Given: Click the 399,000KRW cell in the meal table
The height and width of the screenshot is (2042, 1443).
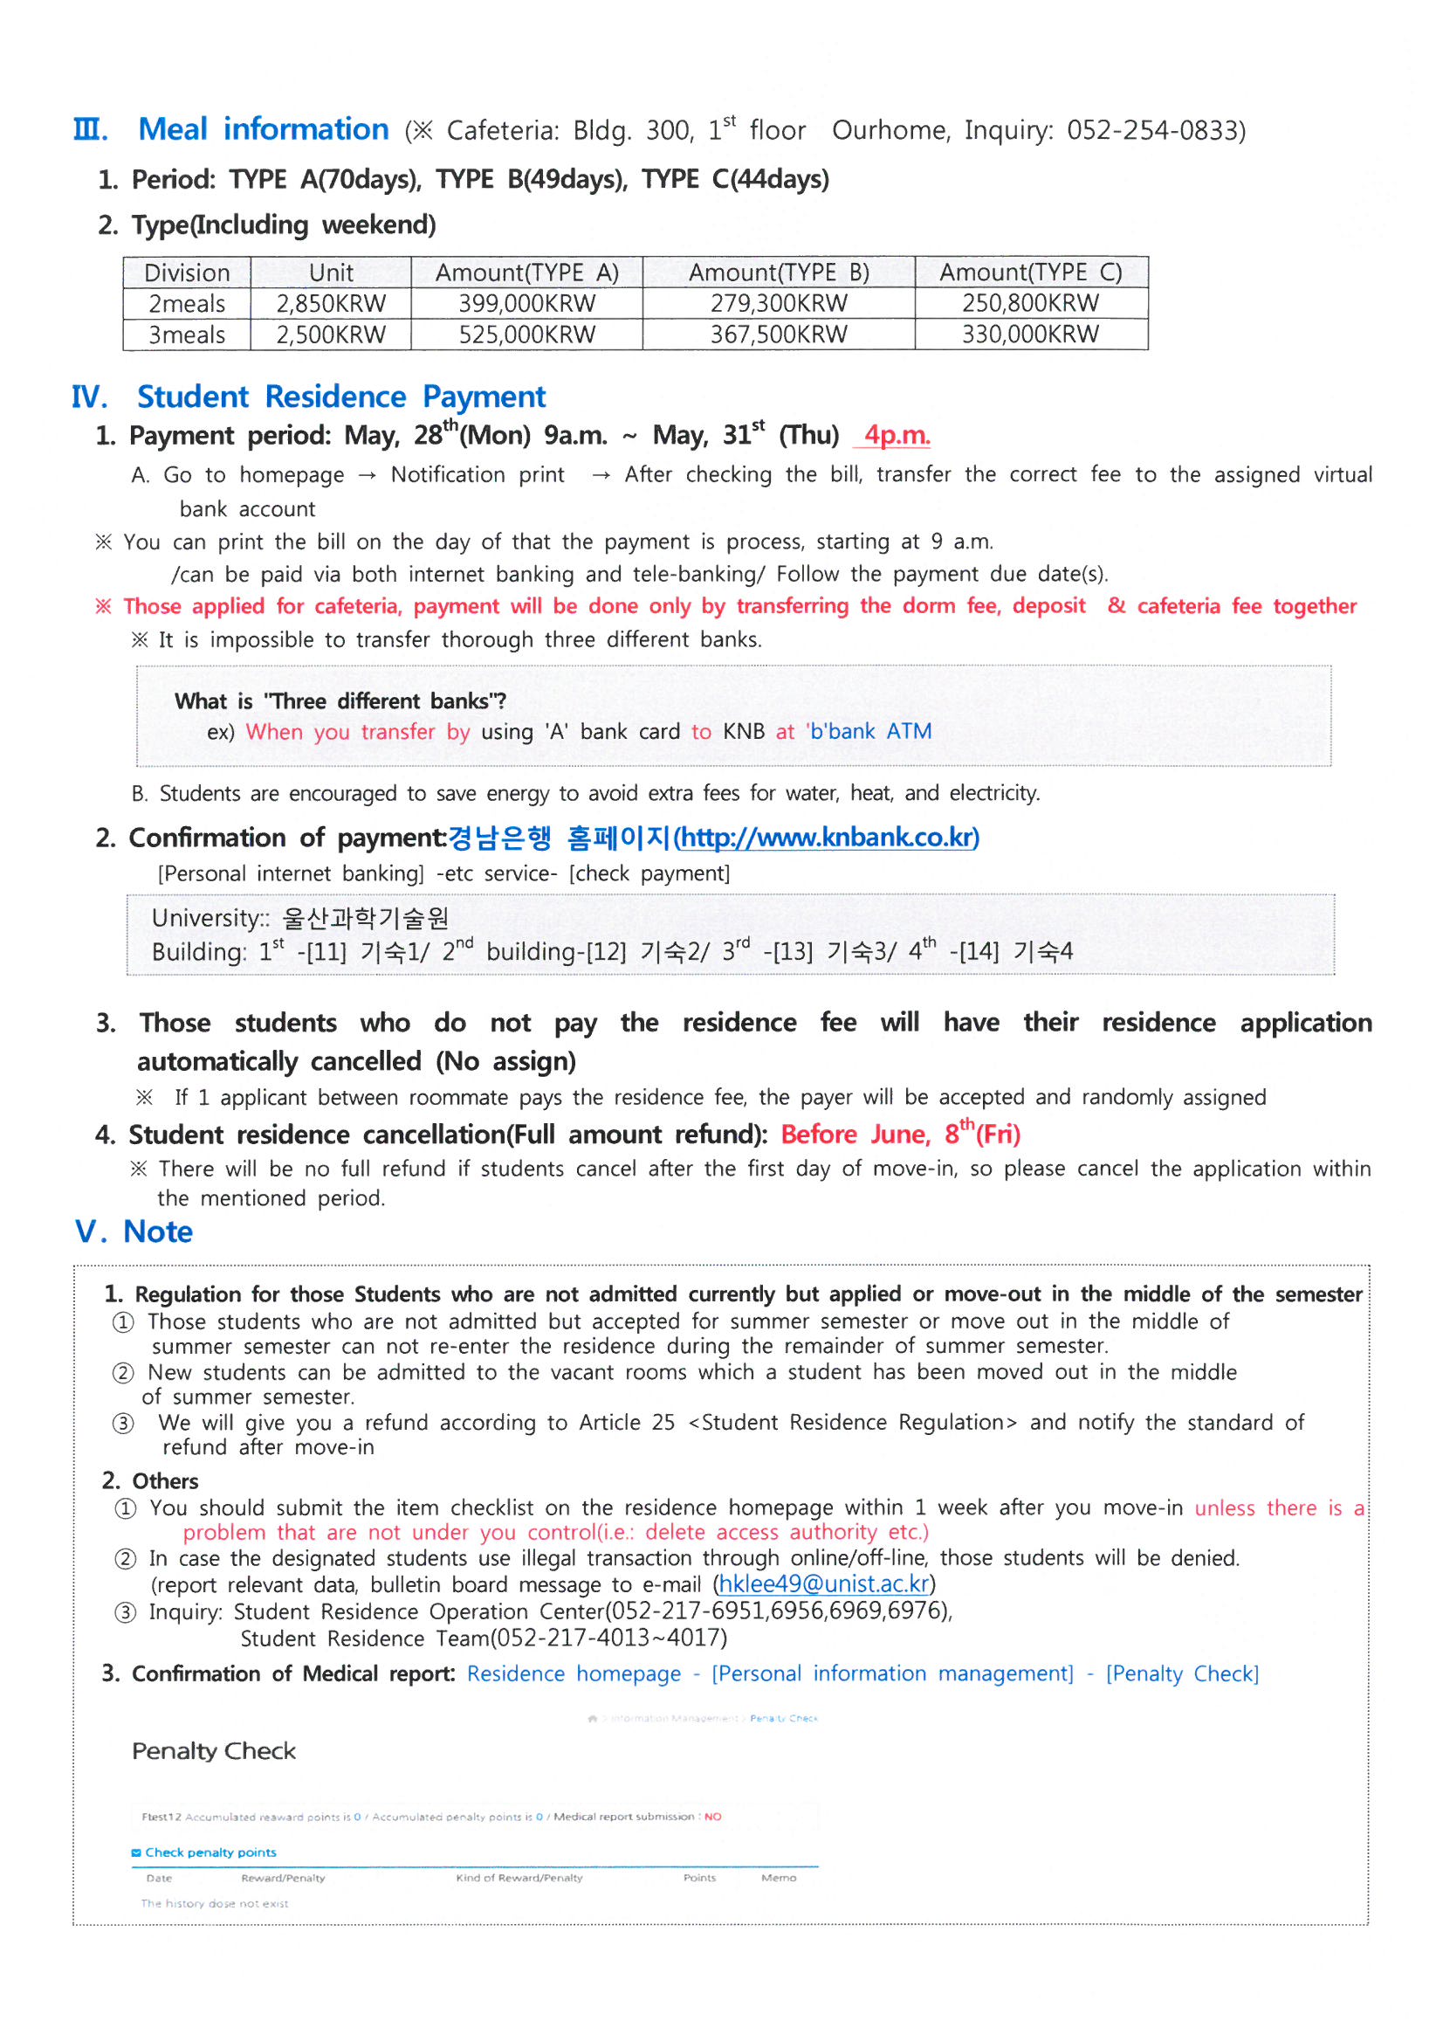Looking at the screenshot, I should coord(526,303).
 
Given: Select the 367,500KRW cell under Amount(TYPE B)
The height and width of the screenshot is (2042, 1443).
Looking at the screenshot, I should coord(778,335).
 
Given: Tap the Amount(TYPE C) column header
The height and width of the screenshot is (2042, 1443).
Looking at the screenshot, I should coord(1030,272).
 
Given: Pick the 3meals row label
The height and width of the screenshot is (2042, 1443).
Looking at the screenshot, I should coord(187,335).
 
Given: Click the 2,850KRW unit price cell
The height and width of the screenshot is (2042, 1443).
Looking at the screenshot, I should coord(331,303).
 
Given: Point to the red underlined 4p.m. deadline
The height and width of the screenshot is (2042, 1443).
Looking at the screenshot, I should coord(897,435).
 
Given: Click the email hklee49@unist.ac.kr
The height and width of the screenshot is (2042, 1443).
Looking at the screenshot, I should coord(823,1583).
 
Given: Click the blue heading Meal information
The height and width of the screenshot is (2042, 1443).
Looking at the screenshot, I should coord(263,129).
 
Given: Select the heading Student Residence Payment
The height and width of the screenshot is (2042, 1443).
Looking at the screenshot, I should coord(341,397).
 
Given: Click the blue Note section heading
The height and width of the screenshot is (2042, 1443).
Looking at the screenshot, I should coord(157,1231).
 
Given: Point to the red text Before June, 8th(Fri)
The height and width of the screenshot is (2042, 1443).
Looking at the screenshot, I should coord(900,1134).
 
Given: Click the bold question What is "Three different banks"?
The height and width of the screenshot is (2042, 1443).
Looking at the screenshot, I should coord(340,700).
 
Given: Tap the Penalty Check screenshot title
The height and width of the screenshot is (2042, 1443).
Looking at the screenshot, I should coord(213,1750).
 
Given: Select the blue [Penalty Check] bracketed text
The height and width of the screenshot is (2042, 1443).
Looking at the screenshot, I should coord(1182,1673).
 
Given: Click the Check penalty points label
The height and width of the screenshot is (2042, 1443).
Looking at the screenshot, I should coord(210,1852).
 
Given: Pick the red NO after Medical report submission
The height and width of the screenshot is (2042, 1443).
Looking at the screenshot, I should coord(712,1817).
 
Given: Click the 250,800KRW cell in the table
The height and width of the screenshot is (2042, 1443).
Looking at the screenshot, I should coord(1030,303).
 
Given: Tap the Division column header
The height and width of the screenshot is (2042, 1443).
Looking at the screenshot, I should coord(187,272).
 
